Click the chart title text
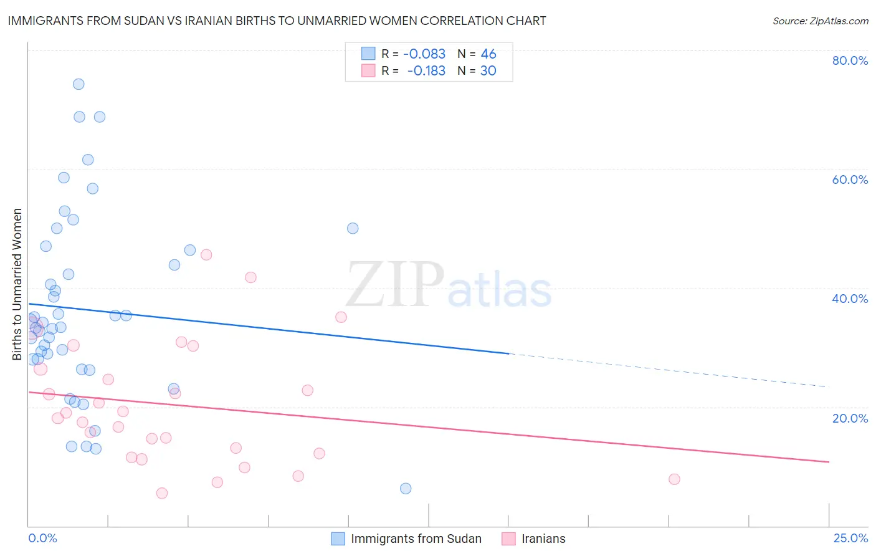pyautogui.click(x=277, y=21)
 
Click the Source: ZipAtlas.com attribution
pyautogui.click(x=820, y=21)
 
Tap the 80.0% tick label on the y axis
pyautogui.click(x=849, y=60)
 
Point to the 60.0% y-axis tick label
pyautogui.click(x=849, y=180)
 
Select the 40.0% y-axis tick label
pyautogui.click(x=849, y=299)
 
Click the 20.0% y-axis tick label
pyautogui.click(x=849, y=418)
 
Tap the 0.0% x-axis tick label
pyautogui.click(x=42, y=538)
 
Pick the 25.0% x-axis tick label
pyautogui.click(x=850, y=538)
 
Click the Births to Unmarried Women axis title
pyautogui.click(x=17, y=284)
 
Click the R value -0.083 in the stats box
pyautogui.click(x=424, y=54)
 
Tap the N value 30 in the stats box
pyautogui.click(x=488, y=71)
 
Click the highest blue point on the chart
pyautogui.click(x=79, y=84)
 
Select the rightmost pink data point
pyautogui.click(x=674, y=479)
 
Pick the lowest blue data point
pyautogui.click(x=406, y=489)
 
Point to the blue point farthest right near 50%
pyautogui.click(x=353, y=228)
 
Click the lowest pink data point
pyautogui.click(x=162, y=493)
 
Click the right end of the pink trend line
pyautogui.click(x=829, y=462)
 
